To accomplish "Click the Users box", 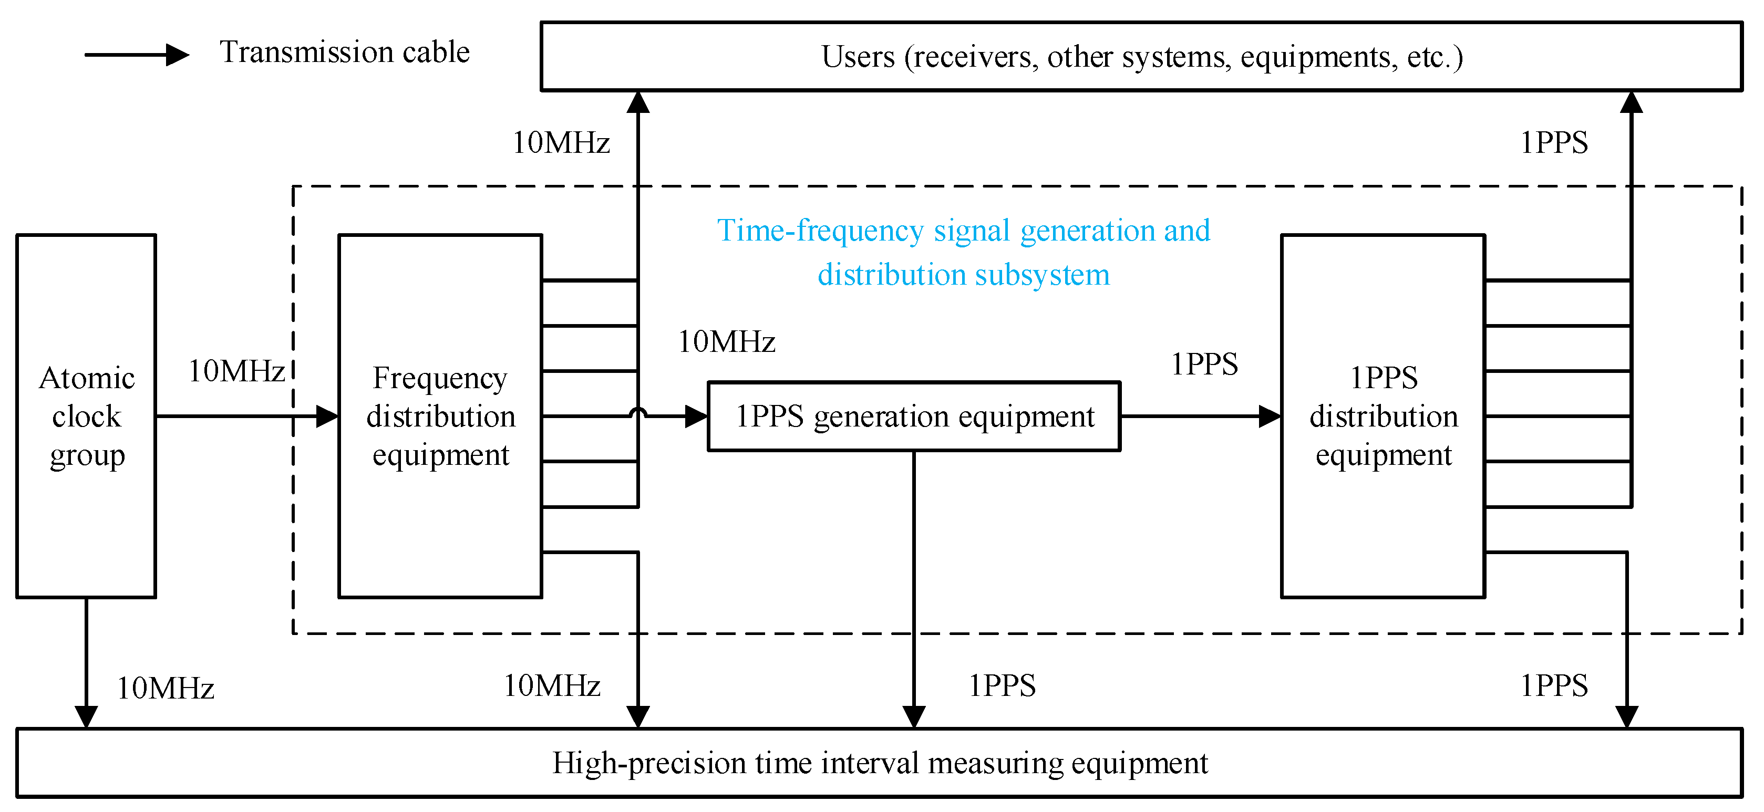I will click(1141, 56).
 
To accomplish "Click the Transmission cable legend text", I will click(345, 53).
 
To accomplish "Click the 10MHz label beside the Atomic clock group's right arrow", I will click(236, 371).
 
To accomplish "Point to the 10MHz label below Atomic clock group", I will click(166, 688).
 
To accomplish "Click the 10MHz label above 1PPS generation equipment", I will click(726, 341).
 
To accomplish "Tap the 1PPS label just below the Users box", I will click(1553, 142).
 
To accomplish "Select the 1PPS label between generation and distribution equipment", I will click(1204, 364).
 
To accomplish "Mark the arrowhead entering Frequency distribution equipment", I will click(328, 417).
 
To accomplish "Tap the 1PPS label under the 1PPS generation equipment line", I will click(1001, 685).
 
